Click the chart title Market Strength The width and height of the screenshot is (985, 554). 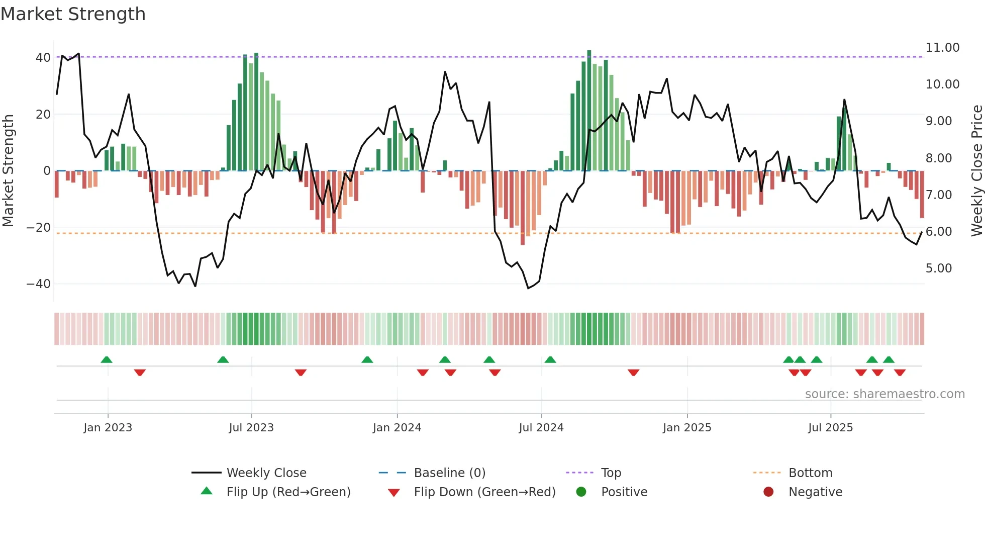73,14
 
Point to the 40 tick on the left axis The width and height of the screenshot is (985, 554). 43,58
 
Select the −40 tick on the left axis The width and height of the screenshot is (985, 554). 39,284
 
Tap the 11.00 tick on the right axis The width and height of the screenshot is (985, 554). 942,48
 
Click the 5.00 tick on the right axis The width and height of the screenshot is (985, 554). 939,268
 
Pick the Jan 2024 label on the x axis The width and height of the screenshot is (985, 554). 397,428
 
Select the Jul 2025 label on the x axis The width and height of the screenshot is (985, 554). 830,428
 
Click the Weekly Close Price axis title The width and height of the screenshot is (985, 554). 976,171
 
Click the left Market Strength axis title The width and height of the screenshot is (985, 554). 9,171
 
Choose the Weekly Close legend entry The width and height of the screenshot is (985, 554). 266,473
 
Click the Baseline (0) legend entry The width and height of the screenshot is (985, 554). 449,473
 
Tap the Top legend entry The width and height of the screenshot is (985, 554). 611,473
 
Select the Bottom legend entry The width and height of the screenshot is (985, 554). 810,473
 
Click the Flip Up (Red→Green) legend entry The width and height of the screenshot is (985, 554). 288,492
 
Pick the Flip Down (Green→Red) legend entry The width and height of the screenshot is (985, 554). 484,492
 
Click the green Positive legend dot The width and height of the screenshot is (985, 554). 581,492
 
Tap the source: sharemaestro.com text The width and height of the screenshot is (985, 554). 884,394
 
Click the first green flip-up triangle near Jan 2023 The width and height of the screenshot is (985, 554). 107,359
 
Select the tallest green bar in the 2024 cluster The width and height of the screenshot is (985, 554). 589,111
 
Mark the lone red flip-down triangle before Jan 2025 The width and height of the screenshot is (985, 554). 633,373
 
